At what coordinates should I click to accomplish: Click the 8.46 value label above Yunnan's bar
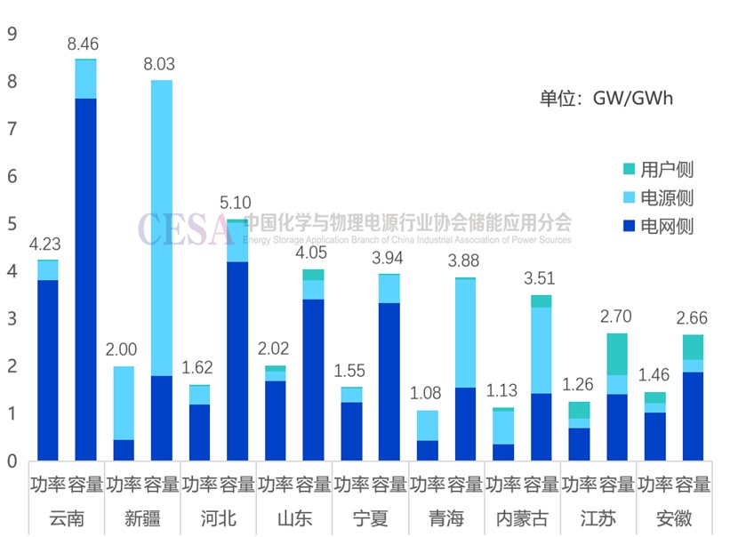click(85, 42)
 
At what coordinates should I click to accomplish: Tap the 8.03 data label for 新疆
click(161, 63)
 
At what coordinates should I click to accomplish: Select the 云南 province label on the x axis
click(67, 518)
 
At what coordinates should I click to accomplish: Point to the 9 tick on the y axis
click(12, 35)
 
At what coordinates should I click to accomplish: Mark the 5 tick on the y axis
click(12, 224)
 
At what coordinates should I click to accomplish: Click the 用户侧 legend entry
click(666, 169)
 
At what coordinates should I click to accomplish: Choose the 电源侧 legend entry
click(666, 197)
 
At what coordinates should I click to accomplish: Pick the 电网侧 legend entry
click(666, 226)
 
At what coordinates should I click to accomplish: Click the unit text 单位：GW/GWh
click(606, 98)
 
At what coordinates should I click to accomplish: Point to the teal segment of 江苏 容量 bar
click(617, 354)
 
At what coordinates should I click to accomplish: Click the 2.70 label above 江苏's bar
click(617, 316)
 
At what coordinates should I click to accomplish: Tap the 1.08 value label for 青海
click(428, 392)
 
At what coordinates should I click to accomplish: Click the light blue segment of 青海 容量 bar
click(465, 333)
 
